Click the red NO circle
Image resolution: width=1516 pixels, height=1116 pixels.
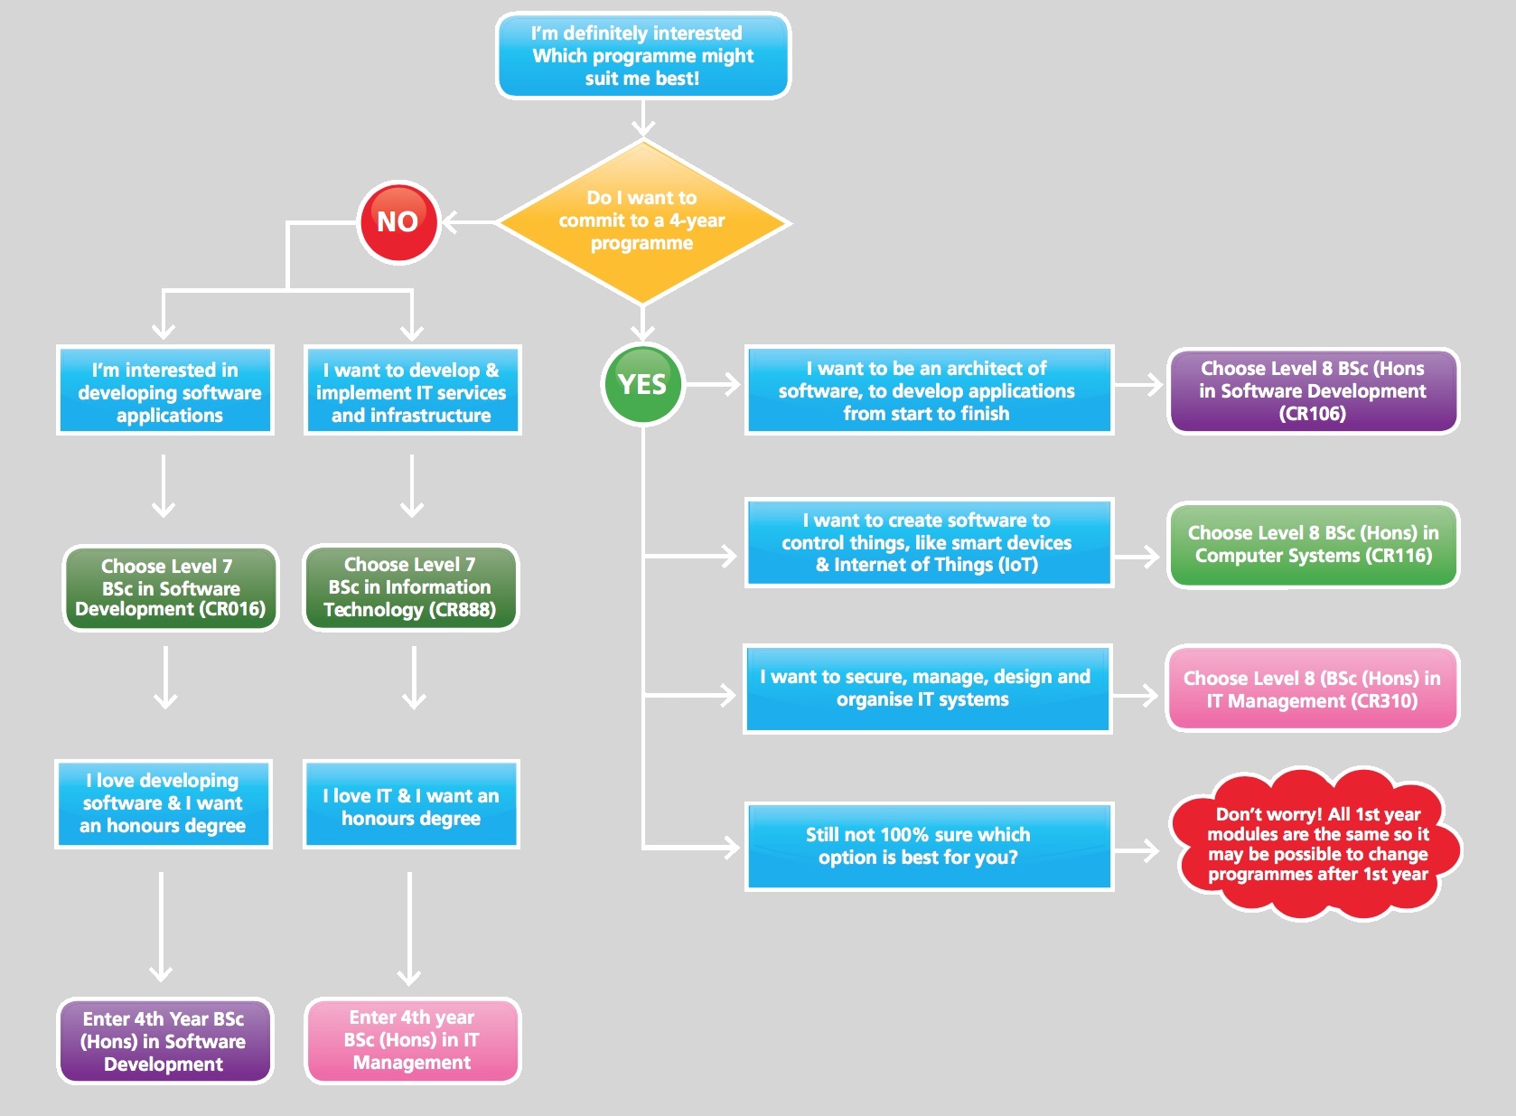point(398,222)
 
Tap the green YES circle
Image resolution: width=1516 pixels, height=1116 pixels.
point(642,384)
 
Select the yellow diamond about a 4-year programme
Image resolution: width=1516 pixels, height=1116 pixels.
point(642,221)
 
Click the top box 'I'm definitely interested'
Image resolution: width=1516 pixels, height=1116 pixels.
point(642,55)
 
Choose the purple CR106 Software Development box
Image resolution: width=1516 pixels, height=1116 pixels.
point(1313,391)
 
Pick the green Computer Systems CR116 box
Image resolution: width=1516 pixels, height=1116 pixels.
point(1313,545)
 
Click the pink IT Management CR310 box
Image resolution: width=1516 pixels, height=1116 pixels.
point(1313,689)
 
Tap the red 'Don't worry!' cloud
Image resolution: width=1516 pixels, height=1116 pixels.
point(1316,845)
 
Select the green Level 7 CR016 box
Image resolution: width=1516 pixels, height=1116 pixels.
point(170,588)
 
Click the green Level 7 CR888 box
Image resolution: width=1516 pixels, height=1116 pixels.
point(410,587)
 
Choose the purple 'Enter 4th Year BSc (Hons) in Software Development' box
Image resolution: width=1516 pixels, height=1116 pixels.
point(164,1041)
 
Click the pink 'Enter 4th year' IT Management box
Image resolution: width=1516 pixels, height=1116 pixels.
point(412,1040)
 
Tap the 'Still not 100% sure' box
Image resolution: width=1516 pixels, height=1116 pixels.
point(928,846)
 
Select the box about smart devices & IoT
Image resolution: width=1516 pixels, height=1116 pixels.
point(928,542)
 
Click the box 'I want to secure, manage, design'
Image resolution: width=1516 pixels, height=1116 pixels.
point(926,689)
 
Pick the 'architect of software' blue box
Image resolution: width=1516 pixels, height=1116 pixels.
point(928,390)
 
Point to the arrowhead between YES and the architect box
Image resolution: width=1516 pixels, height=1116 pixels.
point(730,384)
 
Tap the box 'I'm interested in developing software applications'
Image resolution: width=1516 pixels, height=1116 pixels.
point(165,391)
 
